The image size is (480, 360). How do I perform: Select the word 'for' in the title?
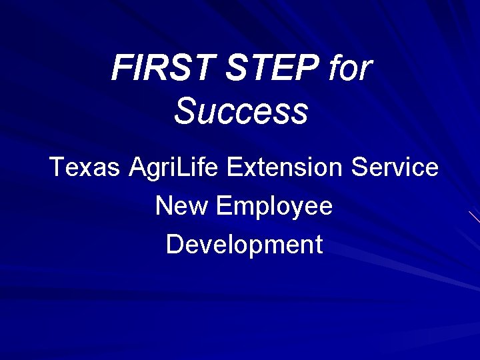coord(349,69)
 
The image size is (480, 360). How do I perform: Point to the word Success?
coord(241,111)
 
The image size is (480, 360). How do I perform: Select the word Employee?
coord(273,207)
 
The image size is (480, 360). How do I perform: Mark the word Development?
coord(244,245)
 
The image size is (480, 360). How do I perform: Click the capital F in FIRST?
coord(121,69)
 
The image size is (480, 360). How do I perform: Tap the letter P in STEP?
coord(311,69)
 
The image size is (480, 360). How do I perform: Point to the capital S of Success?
coord(185,111)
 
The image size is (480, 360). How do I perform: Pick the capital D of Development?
coord(175,244)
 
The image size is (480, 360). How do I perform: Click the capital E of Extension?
coord(235,167)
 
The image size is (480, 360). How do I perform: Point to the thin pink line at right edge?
coord(473,216)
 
